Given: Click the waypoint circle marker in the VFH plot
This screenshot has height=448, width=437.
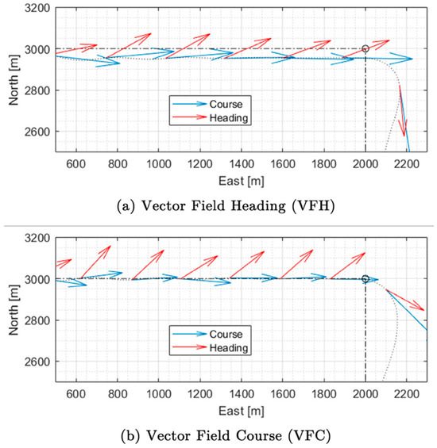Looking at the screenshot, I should tap(365, 49).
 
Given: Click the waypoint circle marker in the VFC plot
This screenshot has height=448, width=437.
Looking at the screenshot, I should tap(365, 279).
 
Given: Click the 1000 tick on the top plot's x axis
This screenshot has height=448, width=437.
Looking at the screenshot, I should tap(159, 163).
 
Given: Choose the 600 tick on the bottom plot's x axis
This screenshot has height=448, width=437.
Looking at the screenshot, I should tap(76, 393).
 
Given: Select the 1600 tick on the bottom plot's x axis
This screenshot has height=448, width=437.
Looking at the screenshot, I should tap(283, 393).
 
